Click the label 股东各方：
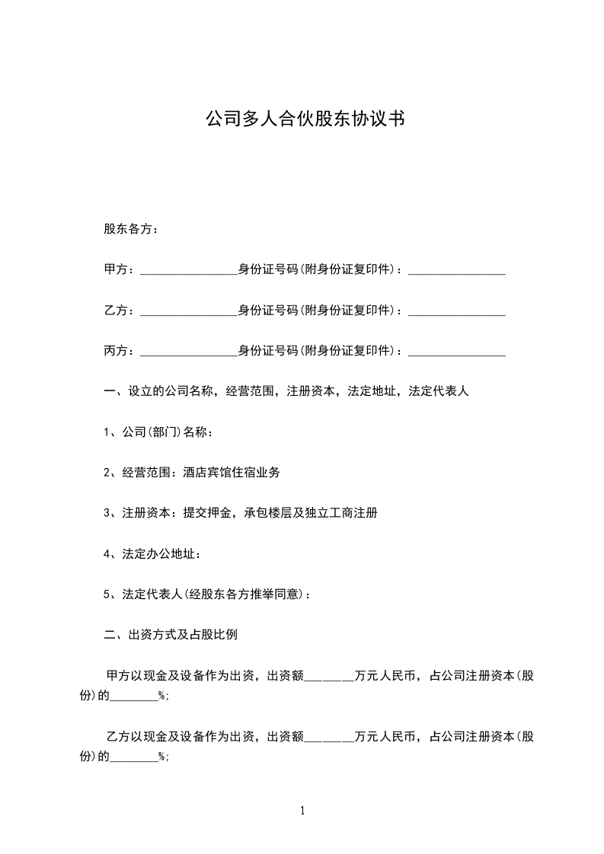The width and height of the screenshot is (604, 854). coord(131,229)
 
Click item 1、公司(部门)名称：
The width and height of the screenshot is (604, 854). coord(158,432)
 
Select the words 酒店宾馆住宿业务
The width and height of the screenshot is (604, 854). coord(232,473)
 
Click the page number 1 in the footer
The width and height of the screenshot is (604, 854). coord(302,811)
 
